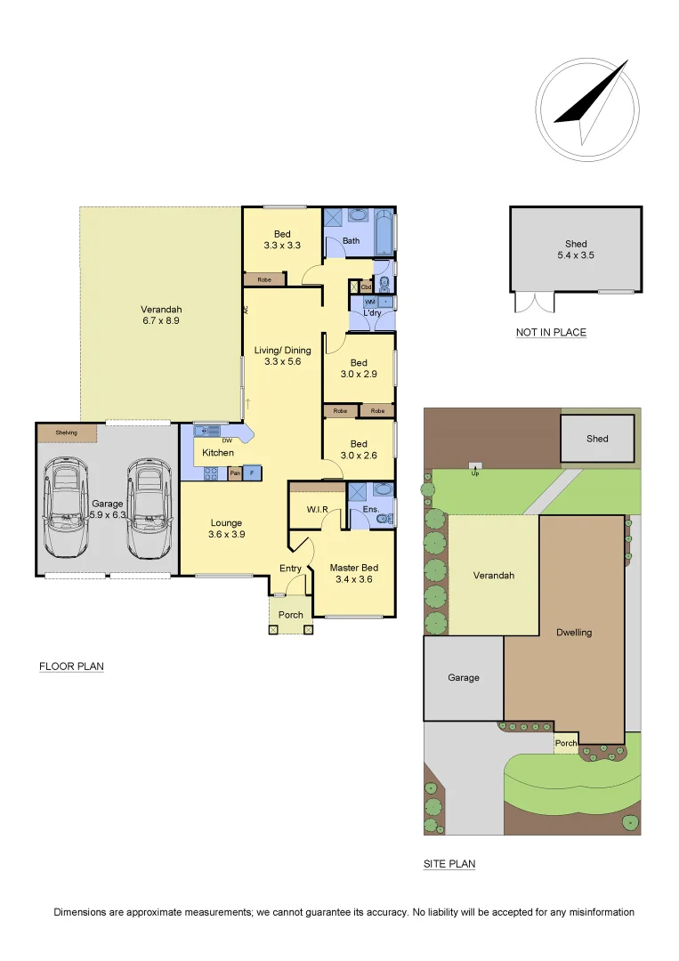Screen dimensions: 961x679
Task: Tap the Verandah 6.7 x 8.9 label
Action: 161,315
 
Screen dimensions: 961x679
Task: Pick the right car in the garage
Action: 145,508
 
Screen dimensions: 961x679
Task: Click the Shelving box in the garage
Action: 67,432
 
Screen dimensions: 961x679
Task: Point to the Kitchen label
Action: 218,453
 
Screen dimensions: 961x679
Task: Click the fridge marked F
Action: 252,472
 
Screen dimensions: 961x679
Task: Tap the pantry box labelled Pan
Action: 235,472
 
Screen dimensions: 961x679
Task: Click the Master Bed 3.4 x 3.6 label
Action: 354,573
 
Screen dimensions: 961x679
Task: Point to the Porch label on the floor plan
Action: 291,615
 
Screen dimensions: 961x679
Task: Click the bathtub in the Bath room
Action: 383,233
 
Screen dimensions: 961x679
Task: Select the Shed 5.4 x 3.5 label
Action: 576,249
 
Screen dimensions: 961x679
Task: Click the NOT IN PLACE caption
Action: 551,333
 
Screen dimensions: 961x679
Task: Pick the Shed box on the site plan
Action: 597,439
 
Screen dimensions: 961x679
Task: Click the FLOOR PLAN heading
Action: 71,666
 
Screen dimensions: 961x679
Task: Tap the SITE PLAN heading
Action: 449,864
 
